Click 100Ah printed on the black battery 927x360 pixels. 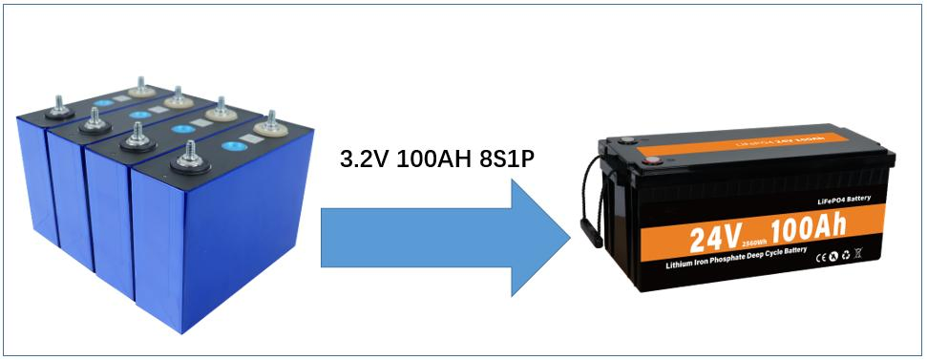[x=796, y=226]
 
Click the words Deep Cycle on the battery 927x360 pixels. [x=779, y=253]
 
